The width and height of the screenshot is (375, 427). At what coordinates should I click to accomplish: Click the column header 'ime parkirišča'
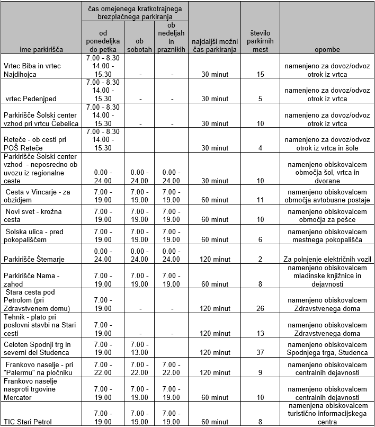tap(41, 49)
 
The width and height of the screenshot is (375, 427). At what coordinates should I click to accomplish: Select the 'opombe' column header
tap(327, 49)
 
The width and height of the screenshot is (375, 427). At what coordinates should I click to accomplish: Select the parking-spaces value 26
tap(260, 309)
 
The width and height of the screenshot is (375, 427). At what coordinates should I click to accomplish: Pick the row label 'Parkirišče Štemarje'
tap(34, 259)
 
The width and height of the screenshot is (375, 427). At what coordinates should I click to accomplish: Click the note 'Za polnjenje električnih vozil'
tap(327, 259)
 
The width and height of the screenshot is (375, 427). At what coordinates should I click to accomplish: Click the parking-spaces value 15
tap(260, 75)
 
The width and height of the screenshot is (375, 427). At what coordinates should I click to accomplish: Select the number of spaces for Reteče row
tap(260, 148)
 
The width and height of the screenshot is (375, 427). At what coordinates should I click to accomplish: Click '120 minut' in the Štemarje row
tap(215, 259)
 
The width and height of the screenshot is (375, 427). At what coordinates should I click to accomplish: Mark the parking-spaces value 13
tap(260, 333)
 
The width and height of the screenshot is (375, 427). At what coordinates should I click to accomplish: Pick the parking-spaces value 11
tap(260, 200)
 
